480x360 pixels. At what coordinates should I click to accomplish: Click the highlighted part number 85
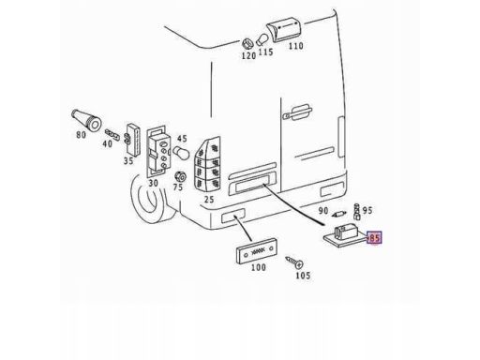tap(374, 238)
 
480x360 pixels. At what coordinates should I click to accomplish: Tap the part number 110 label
tap(295, 46)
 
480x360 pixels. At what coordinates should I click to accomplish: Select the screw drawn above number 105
tap(294, 262)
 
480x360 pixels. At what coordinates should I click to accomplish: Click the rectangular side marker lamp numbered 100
tap(256, 251)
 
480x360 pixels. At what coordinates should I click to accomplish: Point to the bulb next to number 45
tap(181, 153)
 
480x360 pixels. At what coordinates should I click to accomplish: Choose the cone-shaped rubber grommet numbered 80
tap(86, 119)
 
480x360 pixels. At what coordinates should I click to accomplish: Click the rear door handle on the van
tap(297, 112)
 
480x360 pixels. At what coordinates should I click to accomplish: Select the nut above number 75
tap(179, 177)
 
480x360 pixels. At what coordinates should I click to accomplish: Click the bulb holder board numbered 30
tap(158, 151)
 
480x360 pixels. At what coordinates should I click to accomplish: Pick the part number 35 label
tap(128, 161)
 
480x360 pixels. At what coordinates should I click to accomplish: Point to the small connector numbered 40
tap(112, 134)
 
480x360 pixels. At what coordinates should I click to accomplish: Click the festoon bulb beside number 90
tap(338, 215)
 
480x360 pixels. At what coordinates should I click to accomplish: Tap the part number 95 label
tap(367, 210)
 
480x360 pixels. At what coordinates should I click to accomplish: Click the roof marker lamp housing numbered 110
tap(284, 29)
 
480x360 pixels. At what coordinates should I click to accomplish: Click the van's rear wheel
tap(150, 199)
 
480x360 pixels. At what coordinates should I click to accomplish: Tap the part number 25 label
tap(209, 199)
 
